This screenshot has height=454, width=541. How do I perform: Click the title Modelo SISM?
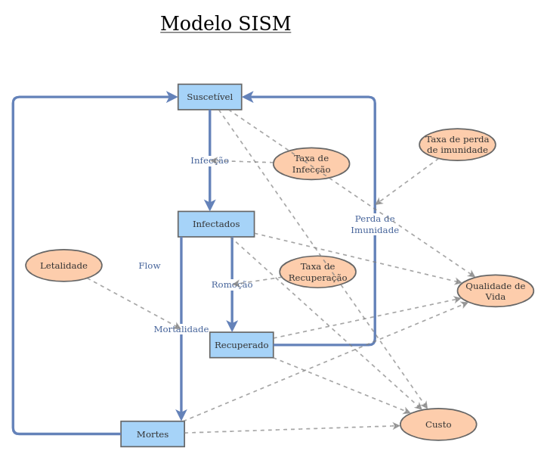225,24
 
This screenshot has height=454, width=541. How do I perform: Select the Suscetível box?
209,97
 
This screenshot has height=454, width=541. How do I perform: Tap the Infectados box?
216,224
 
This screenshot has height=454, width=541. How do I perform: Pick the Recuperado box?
241,345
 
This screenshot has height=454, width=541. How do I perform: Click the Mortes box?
153,434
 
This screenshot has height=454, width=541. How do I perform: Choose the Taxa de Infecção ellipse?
311,163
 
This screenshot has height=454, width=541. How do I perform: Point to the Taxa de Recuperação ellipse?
317,272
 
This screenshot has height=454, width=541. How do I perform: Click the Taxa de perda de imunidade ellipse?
457,145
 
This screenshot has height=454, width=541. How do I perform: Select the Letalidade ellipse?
63,266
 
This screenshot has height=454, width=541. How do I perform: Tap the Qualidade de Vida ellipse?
495,291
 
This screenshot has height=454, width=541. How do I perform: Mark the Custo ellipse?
438,424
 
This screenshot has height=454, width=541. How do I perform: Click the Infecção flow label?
209,160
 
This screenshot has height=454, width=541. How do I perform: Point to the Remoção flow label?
232,285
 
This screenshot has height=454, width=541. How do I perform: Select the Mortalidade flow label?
181,329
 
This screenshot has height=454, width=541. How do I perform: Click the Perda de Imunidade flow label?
375,225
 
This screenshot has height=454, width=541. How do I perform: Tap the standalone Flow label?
150,266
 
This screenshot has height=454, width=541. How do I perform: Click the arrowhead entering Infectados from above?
210,206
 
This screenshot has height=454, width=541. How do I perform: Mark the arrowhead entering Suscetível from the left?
172,97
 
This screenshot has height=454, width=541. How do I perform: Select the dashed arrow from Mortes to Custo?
295,429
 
